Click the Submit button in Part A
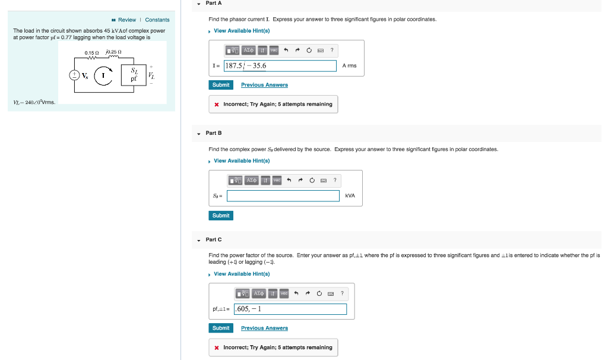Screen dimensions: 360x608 220,85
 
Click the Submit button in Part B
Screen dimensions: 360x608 220,215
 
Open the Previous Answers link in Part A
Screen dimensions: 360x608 264,85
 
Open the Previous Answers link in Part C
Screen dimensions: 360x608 264,328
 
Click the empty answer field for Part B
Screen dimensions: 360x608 283,195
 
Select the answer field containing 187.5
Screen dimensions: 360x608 280,65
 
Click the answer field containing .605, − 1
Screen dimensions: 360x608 290,309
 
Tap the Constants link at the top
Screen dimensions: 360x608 157,20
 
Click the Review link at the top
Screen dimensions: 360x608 126,20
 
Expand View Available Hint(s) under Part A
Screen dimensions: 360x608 242,31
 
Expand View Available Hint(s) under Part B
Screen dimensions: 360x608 242,160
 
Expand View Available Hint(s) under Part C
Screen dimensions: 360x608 242,274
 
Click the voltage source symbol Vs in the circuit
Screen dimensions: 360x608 75,75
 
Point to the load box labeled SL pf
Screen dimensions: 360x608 134,74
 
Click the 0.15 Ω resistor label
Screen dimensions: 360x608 91,53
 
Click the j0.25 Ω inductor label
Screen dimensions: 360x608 113,53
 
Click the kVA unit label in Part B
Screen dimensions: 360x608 350,195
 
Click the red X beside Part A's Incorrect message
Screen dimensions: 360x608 217,105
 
